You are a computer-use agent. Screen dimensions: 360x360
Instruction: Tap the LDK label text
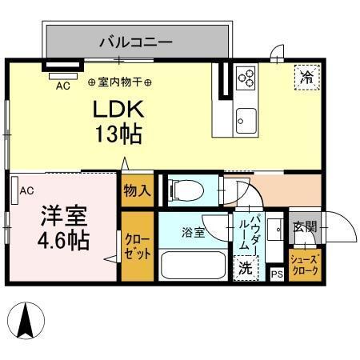(120, 109)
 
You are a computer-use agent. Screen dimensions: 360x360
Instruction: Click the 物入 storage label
(137, 190)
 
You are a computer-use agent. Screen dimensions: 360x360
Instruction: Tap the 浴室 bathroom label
(192, 233)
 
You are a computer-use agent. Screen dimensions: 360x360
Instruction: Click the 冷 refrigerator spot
(307, 77)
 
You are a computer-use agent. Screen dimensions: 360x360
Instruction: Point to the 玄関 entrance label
(304, 227)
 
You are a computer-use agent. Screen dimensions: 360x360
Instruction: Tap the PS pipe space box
(277, 274)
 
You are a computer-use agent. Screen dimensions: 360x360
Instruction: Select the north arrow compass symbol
(25, 322)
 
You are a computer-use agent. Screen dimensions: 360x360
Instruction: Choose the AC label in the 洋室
(26, 190)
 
